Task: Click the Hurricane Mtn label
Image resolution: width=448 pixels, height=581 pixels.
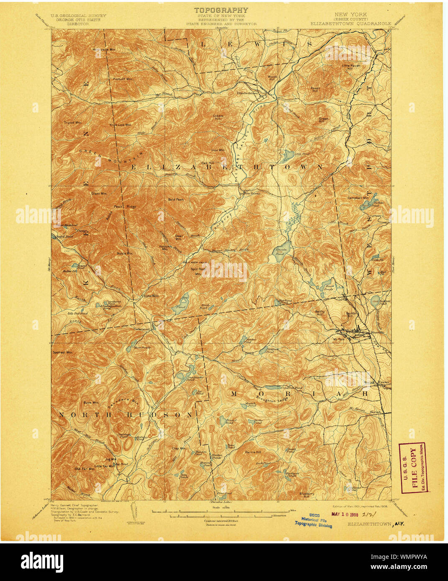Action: point(103,49)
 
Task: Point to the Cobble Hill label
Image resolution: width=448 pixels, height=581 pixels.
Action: point(218,117)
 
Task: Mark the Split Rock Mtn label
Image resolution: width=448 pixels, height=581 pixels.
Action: point(197,271)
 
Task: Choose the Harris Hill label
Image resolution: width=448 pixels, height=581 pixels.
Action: point(253,452)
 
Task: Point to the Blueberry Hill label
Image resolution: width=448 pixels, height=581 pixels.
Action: point(306,495)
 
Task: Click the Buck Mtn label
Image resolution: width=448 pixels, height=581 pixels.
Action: point(90,403)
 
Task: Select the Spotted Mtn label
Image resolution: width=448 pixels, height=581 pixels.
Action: point(62,352)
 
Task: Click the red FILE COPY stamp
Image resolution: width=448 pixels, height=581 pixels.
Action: point(413,467)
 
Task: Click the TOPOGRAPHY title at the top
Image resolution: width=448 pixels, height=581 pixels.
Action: point(221,10)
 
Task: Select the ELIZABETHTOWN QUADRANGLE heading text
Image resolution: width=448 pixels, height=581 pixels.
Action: point(351,24)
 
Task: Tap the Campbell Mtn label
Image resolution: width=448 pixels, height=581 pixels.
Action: point(358,198)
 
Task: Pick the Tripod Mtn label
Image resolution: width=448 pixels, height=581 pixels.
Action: point(72,122)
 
